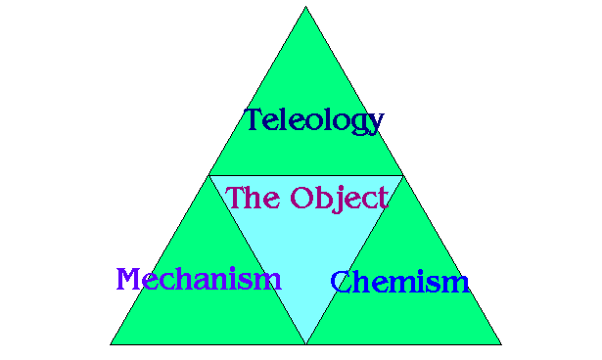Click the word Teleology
[x=313, y=120]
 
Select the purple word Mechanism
[x=199, y=279]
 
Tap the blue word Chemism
[x=399, y=283]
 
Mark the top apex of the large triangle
[x=305, y=7]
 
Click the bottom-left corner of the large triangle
[x=111, y=344]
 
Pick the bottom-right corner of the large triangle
[x=501, y=344]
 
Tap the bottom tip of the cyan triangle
[x=305, y=343]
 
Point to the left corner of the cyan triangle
[x=209, y=176]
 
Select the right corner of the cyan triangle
[x=402, y=176]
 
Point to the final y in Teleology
[x=374, y=124]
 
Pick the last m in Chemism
[x=457, y=285]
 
